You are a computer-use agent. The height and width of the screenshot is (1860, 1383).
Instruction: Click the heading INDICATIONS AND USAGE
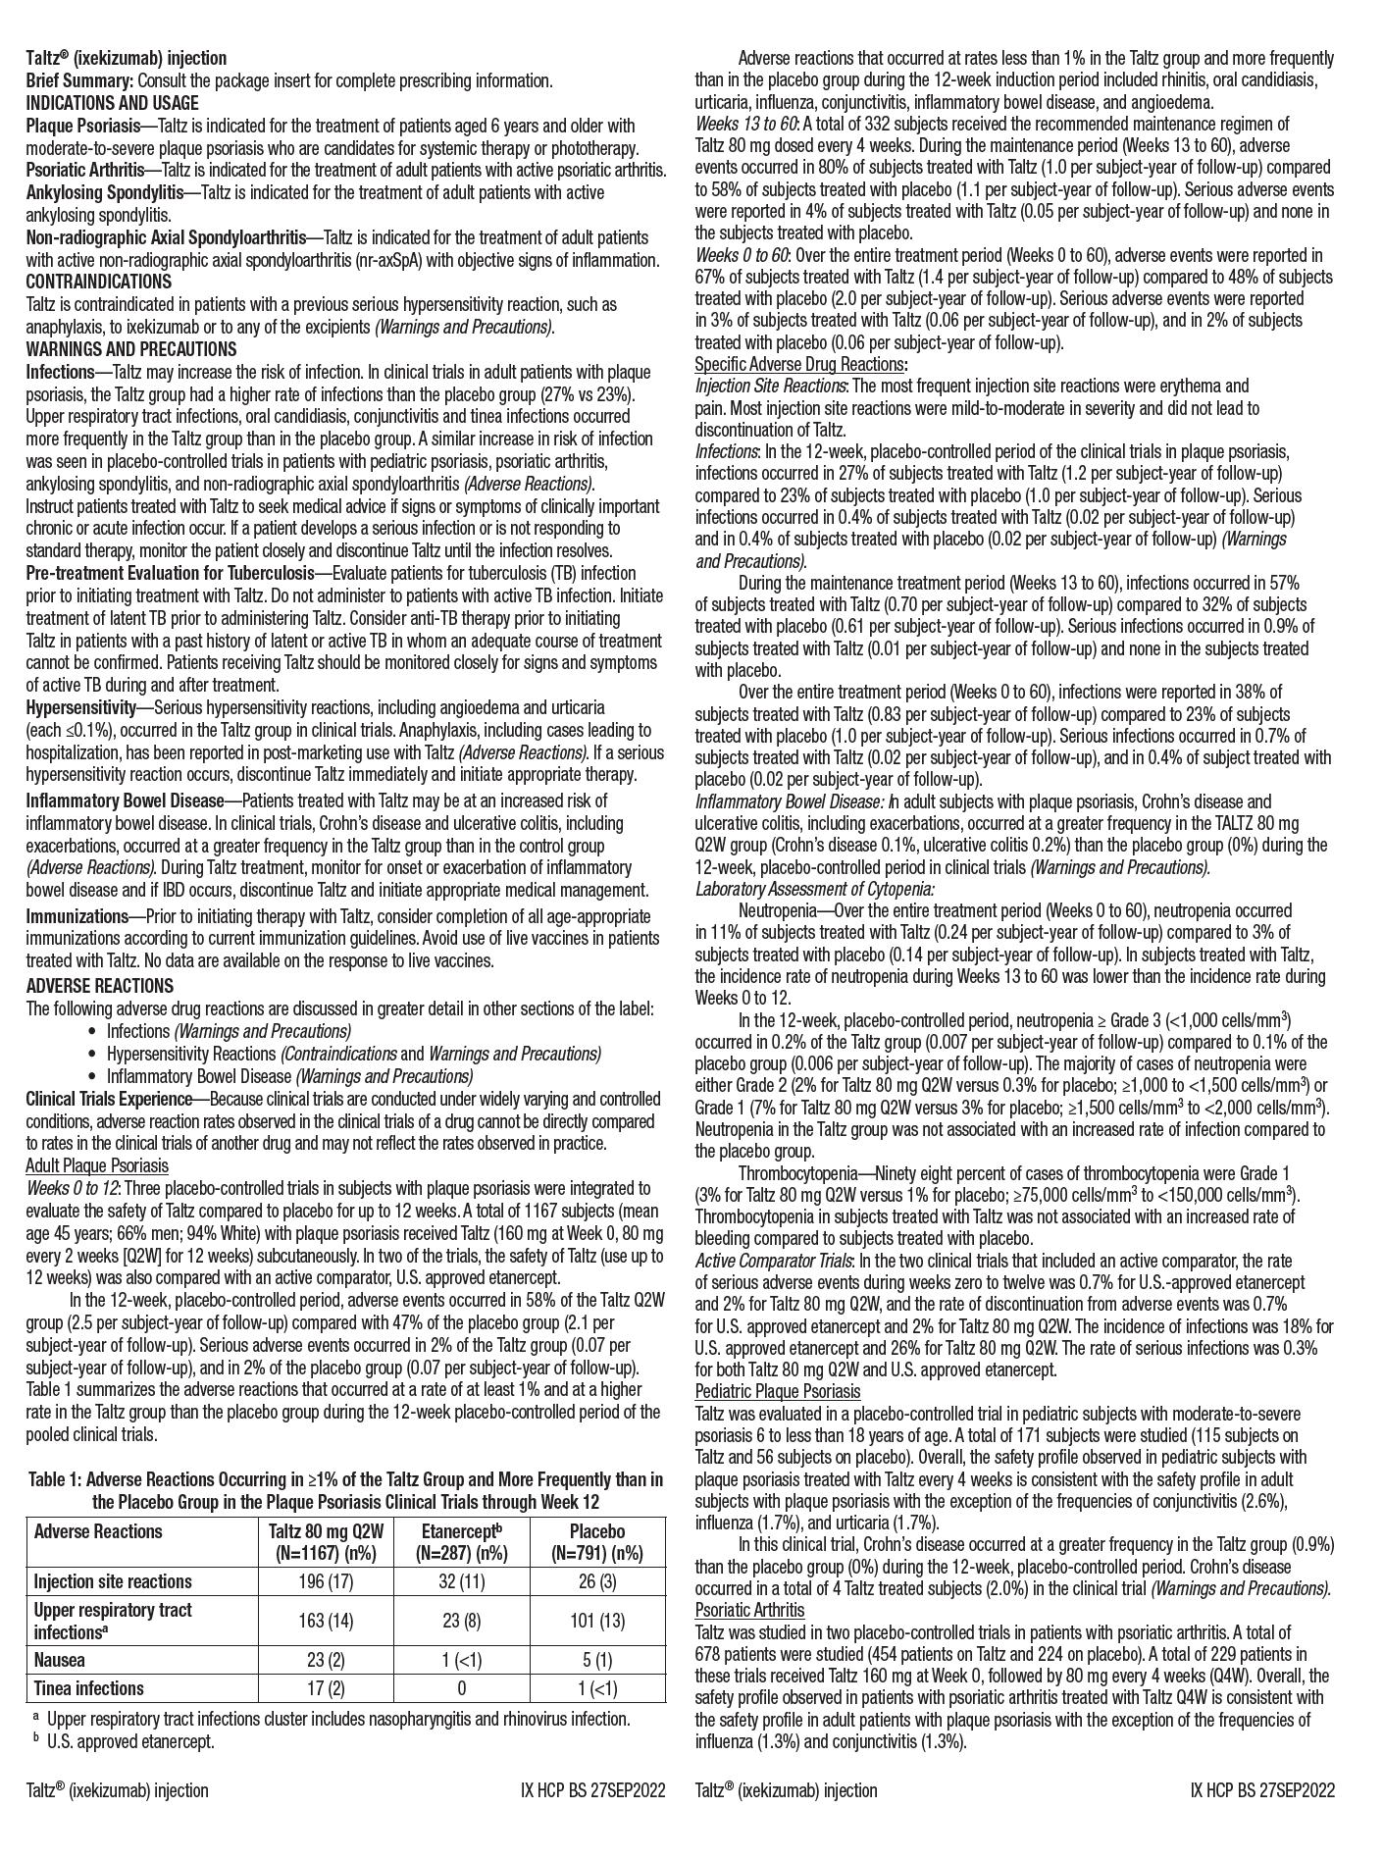[x=112, y=103]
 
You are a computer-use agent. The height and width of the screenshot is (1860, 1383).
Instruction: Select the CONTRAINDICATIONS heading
[x=98, y=282]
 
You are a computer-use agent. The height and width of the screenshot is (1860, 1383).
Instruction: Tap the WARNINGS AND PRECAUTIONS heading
[x=131, y=349]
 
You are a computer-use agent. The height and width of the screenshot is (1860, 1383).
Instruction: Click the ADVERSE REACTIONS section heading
[x=99, y=986]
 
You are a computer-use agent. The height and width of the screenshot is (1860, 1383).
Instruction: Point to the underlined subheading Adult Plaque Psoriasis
[x=97, y=1165]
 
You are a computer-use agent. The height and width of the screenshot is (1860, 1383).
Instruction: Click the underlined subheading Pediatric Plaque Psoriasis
[x=777, y=1391]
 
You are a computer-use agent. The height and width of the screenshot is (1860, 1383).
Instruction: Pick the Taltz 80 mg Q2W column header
[x=326, y=1542]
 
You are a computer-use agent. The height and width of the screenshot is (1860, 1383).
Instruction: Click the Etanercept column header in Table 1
[x=461, y=1542]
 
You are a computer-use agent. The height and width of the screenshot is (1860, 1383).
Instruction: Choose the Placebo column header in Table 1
[x=596, y=1542]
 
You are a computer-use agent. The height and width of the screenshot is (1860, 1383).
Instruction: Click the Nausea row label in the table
[x=59, y=1660]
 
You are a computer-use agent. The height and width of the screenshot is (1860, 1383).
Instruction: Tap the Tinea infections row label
[x=88, y=1688]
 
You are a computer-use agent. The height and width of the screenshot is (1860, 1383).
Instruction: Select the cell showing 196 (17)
[x=326, y=1581]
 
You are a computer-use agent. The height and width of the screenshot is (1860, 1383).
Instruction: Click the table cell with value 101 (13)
[x=596, y=1620]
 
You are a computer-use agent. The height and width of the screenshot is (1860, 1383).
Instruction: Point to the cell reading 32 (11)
[x=461, y=1581]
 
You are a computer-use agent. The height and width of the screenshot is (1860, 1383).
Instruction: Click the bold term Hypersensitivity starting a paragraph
[x=80, y=707]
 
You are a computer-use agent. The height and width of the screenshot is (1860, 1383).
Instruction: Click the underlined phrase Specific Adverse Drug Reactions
[x=798, y=364]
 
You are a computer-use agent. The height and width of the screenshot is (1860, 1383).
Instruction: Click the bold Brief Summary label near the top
[x=78, y=80]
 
